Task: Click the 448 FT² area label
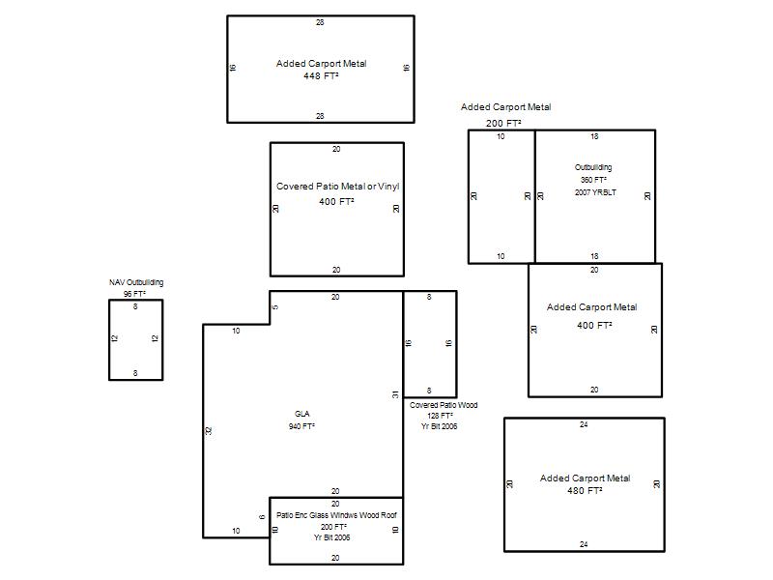click(321, 76)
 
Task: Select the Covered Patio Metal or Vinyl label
click(337, 187)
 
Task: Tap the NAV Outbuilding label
click(136, 282)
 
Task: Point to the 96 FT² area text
click(134, 294)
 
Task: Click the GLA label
click(302, 414)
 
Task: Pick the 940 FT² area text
click(301, 426)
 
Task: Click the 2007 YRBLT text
click(595, 192)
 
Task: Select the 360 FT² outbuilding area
click(593, 180)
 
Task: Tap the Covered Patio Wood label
click(444, 405)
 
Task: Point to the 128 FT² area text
click(441, 416)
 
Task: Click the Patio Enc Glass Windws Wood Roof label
click(336, 515)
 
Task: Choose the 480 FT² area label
click(585, 491)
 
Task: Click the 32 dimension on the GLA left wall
click(209, 431)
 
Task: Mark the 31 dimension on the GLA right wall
click(395, 394)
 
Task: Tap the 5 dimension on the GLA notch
click(275, 307)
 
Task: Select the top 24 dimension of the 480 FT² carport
click(584, 424)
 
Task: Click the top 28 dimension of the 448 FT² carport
click(320, 22)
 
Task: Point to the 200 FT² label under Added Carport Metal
click(503, 124)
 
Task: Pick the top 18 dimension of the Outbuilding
click(594, 136)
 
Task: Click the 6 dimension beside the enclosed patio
click(262, 517)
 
